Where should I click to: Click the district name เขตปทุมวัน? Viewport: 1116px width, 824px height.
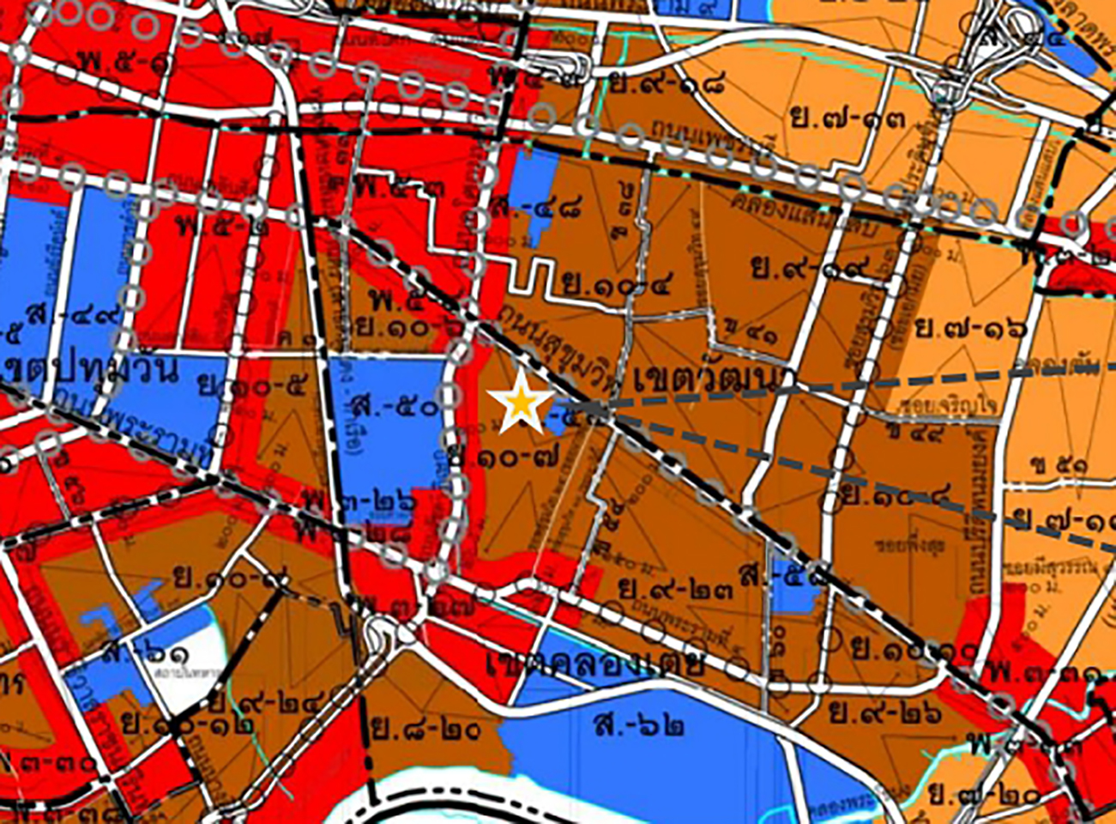coord(87,371)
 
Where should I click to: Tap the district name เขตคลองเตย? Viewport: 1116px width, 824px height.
coord(595,663)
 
